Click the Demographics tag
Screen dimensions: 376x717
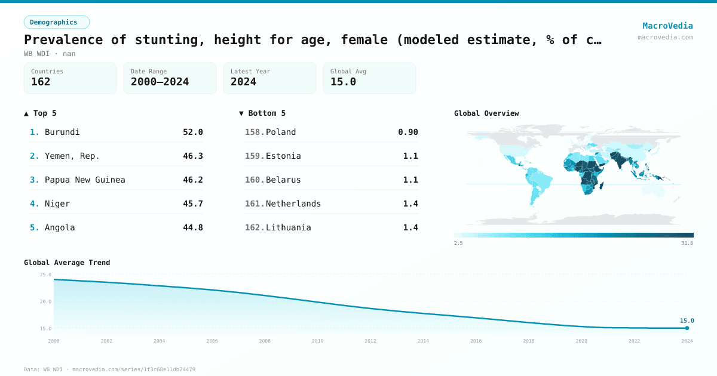56,22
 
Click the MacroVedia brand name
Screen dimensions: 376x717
667,26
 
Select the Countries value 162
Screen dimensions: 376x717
41,82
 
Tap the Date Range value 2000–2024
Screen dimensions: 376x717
160,82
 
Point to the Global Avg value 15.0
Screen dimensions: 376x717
343,82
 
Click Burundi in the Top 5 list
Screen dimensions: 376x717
62,132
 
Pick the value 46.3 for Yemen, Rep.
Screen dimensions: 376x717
192,156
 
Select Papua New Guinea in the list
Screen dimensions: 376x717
85,180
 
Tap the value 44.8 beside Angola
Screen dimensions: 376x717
192,227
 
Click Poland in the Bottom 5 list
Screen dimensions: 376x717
281,132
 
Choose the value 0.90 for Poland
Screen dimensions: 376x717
408,132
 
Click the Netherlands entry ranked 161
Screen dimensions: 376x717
293,204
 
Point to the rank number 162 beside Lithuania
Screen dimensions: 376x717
254,227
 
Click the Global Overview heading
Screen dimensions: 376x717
486,113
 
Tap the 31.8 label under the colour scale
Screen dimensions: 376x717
687,243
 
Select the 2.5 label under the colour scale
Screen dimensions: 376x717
458,243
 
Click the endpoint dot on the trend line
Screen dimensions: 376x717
687,328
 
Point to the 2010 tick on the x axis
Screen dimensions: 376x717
317,341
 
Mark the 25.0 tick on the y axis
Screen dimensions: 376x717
45,275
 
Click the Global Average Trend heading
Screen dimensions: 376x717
67,263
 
